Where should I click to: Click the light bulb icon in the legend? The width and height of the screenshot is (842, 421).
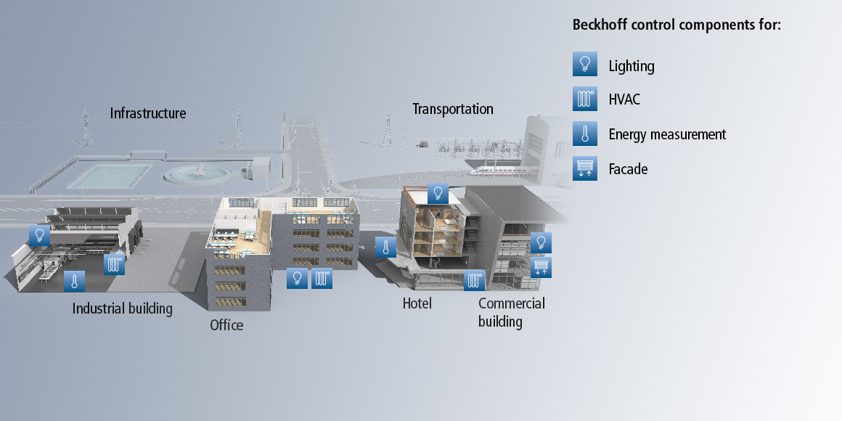point(585,65)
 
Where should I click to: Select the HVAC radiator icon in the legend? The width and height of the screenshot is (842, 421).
point(585,99)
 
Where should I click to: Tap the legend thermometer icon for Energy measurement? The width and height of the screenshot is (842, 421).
point(585,134)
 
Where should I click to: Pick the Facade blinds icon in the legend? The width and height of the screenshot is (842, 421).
point(585,168)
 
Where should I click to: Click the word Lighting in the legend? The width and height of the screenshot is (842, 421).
point(631,67)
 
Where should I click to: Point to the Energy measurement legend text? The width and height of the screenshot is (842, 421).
point(667,134)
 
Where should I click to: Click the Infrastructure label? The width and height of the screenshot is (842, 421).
point(147,113)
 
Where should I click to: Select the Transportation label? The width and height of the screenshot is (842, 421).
point(453,109)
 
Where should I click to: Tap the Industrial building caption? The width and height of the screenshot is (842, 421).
point(123,308)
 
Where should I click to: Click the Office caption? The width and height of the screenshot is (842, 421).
point(226,325)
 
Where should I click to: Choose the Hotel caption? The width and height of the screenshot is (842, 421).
point(417,303)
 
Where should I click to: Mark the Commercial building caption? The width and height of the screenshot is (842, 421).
point(511,313)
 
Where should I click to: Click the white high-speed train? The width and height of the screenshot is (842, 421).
point(504,171)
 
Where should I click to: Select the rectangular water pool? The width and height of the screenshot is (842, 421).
point(110,176)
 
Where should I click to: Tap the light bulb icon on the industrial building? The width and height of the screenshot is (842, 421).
point(39,235)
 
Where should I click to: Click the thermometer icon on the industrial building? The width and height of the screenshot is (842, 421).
point(74,282)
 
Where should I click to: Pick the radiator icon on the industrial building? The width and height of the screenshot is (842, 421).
point(115,264)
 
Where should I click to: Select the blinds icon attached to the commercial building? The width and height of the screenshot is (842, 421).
point(541,267)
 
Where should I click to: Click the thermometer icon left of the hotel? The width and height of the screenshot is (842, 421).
point(385,247)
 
